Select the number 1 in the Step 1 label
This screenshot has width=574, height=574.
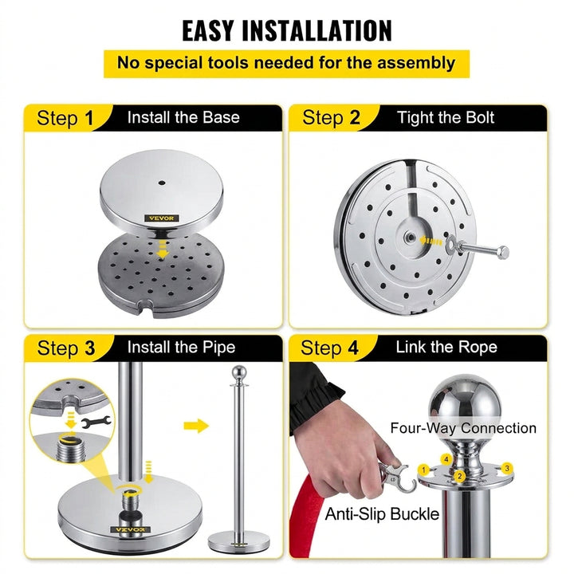click(89, 118)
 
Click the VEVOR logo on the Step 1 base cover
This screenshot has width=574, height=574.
click(161, 218)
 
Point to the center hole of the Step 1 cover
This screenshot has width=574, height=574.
click(161, 183)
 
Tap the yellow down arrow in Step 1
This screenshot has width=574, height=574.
click(162, 250)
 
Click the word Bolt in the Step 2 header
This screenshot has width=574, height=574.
click(480, 117)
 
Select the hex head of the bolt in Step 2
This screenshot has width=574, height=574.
click(503, 252)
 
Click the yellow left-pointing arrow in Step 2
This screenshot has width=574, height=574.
click(431, 241)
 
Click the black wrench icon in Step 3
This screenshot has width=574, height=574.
click(96, 422)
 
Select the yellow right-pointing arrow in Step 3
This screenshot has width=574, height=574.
click(196, 426)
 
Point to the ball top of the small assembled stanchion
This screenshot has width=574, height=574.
click(238, 372)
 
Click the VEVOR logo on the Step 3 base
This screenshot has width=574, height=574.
click(130, 529)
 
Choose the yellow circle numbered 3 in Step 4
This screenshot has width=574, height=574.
click(507, 468)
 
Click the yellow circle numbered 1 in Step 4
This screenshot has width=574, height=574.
click(423, 470)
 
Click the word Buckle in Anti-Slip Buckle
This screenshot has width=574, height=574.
click(415, 514)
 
